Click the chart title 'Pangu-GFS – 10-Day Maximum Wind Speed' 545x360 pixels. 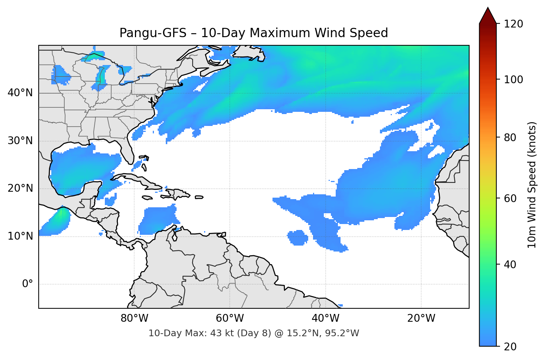click(x=254, y=33)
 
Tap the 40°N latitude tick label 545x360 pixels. click(x=20, y=93)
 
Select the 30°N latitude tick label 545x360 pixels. click(x=20, y=141)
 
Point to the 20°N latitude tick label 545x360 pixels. click(x=20, y=188)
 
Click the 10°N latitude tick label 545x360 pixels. click(x=20, y=236)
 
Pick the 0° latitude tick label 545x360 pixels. click(x=27, y=284)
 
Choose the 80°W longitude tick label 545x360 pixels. click(x=134, y=318)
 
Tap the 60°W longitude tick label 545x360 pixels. click(x=230, y=318)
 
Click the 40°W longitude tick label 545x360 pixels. click(x=325, y=318)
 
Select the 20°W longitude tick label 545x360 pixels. click(x=421, y=318)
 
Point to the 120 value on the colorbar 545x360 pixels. click(x=513, y=24)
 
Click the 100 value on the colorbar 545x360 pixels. click(x=513, y=80)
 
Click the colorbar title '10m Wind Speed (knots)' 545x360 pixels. click(x=532, y=185)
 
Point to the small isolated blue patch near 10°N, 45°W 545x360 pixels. click(x=298, y=238)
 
